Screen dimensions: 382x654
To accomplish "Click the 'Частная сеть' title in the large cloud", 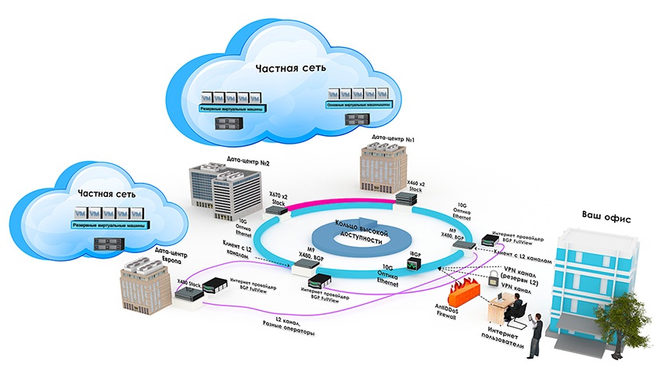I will pos(286,68).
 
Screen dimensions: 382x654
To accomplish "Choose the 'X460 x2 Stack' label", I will pos(419,186).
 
